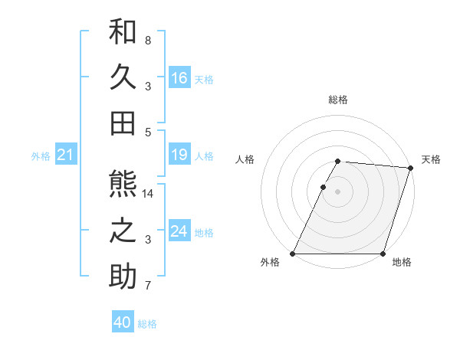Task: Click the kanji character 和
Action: point(123,32)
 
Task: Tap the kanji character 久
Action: point(123,77)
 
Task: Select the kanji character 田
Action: point(123,123)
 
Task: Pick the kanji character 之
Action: point(123,231)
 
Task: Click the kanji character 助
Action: point(123,277)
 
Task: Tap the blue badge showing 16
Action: point(179,78)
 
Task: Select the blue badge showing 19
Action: point(179,155)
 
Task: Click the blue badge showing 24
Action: point(179,232)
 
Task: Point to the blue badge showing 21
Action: point(66,155)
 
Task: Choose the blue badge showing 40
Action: point(123,322)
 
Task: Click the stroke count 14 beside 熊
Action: point(148,194)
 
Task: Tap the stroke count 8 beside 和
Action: point(148,40)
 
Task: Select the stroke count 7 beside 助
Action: point(148,286)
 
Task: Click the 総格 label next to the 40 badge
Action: point(147,324)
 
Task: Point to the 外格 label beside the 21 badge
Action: point(41,156)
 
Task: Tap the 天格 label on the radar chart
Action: point(431,159)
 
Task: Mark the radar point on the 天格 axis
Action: point(411,168)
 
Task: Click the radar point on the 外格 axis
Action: point(293,254)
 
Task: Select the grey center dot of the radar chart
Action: point(337,191)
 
